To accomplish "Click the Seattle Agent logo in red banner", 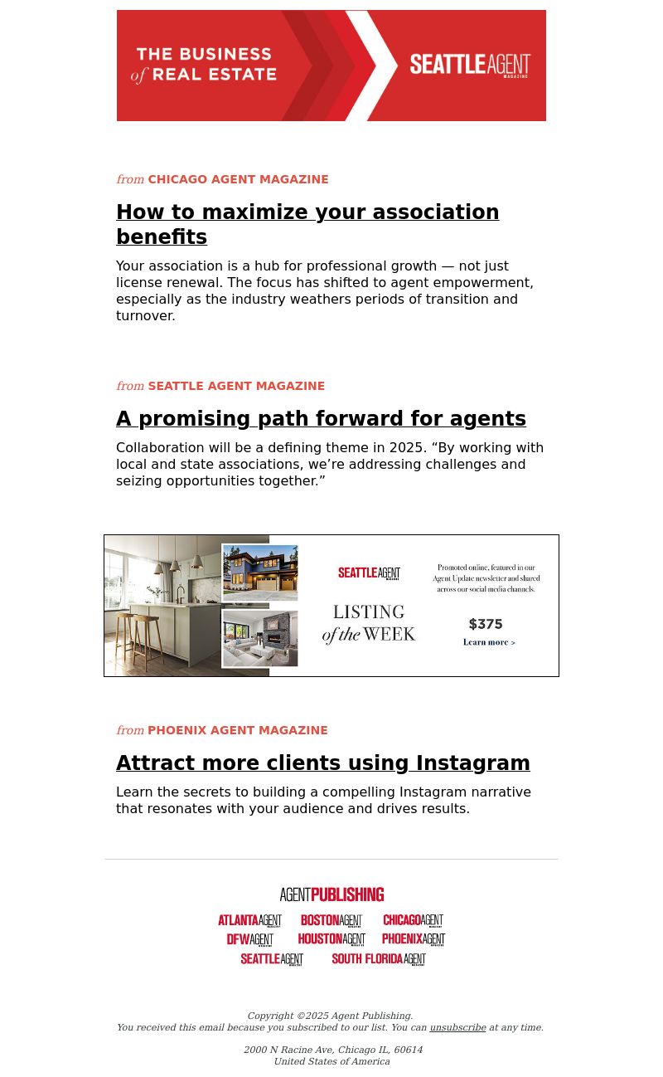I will pos(470,66).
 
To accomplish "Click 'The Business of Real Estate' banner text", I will pos(204,65).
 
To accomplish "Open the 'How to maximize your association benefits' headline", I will pos(307,224).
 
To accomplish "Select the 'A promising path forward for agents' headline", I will pos(321,419).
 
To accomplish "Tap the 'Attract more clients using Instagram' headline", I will pos(322,763).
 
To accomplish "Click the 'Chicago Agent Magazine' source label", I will pos(238,179).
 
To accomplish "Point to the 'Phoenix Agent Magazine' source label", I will pos(237,730).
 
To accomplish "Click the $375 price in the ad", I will pos(486,624).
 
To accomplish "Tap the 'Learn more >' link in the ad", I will pos(489,642).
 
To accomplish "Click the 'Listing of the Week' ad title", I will pos(369,624).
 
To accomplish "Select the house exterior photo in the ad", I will pos(260,573).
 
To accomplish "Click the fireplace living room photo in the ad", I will pos(260,639).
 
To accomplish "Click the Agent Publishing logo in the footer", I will pos(331,894).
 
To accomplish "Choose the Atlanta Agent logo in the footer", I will pos(249,920).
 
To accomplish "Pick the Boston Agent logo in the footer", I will pos(331,920).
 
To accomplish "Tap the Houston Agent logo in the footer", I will pos(331,939).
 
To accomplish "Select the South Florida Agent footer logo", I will pos(379,959).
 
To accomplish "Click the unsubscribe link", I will pos(457,1027).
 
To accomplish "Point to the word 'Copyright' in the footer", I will pos(270,1016).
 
